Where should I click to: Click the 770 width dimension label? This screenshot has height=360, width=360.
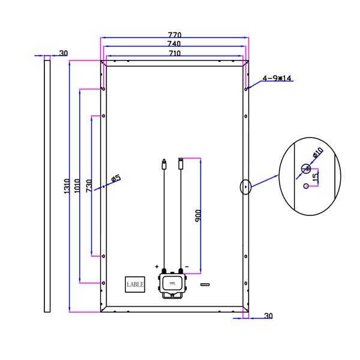[x=174, y=35]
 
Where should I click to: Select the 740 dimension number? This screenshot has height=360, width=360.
[x=174, y=44]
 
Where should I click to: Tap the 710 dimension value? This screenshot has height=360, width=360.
[x=174, y=54]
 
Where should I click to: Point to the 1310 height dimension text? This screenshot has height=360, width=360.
[x=67, y=186]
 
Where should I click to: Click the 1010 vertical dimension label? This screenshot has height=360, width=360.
[x=77, y=185]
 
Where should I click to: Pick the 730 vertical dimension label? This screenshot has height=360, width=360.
[x=89, y=186]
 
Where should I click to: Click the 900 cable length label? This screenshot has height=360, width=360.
[x=197, y=215]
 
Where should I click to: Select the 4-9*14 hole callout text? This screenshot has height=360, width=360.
[x=277, y=78]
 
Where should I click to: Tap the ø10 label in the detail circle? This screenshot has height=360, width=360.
[x=318, y=154]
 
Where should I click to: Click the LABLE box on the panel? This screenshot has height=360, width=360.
[x=135, y=284]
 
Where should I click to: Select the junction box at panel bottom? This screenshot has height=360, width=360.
[x=172, y=284]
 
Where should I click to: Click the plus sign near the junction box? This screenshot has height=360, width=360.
[x=157, y=266]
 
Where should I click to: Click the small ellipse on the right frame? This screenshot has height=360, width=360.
[x=245, y=187]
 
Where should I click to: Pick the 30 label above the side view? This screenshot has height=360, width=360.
[x=64, y=53]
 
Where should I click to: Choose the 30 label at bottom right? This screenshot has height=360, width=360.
[x=268, y=316]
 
